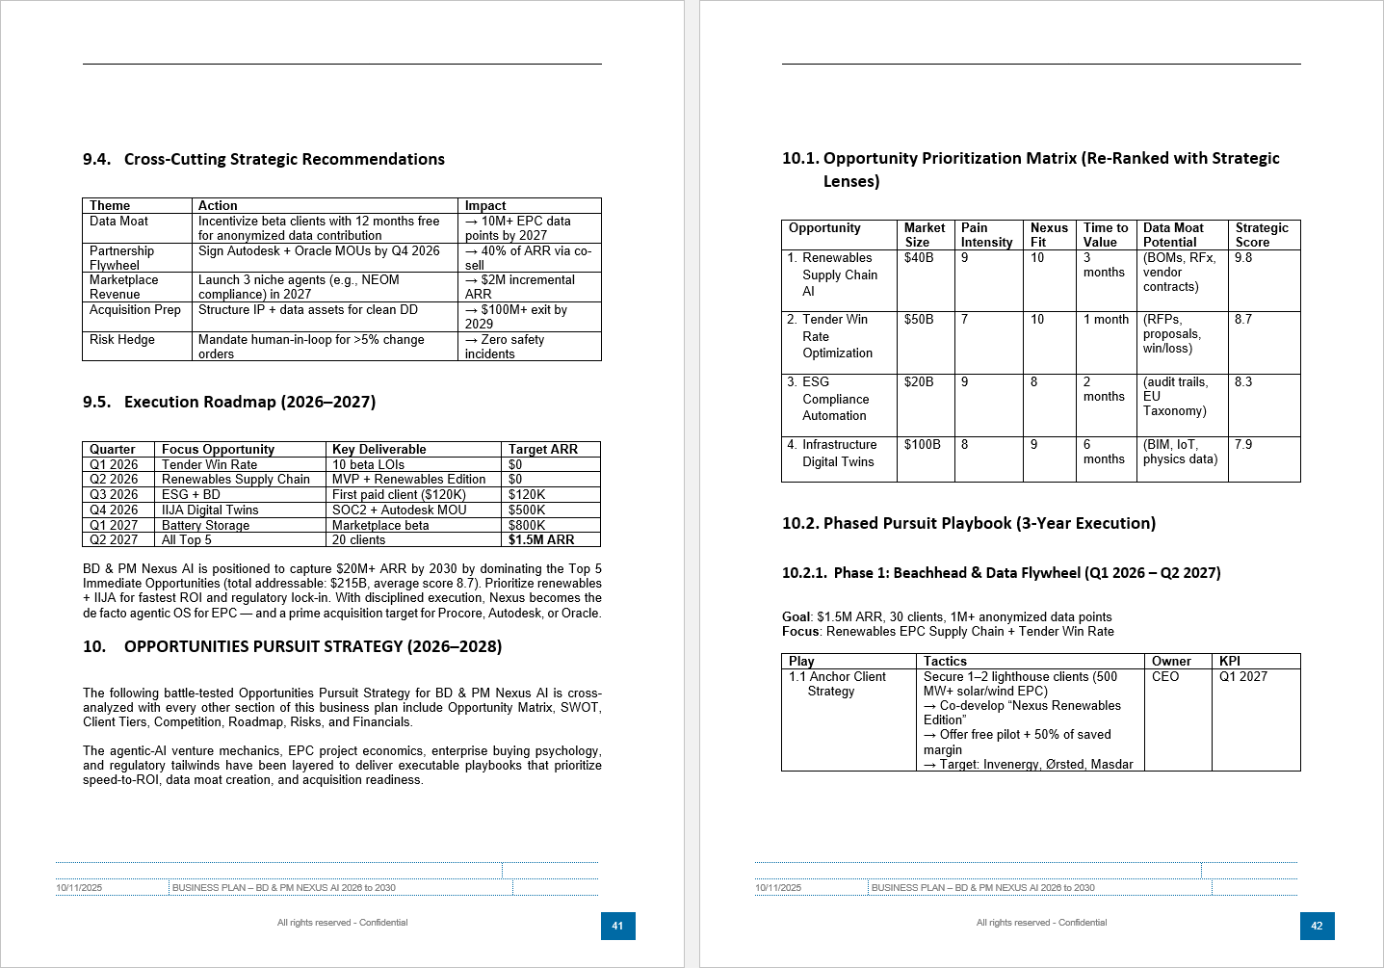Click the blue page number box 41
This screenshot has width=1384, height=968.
click(617, 926)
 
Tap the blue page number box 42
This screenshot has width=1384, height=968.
click(1317, 926)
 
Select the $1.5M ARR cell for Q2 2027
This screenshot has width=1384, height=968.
click(541, 540)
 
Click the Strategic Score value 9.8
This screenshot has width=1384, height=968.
click(1243, 258)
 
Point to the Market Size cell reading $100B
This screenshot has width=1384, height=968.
click(922, 445)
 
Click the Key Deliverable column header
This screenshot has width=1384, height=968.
click(379, 450)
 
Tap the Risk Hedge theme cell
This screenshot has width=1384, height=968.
click(122, 340)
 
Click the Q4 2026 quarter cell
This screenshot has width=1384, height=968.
click(114, 510)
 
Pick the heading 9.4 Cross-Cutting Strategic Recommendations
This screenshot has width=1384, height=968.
click(264, 160)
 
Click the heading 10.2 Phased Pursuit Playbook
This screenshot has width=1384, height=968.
click(968, 524)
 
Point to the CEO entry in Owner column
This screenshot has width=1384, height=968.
click(1165, 677)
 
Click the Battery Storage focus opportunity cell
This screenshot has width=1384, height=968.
click(205, 526)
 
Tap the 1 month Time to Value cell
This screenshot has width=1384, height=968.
click(1106, 320)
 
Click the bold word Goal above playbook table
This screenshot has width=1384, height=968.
click(796, 617)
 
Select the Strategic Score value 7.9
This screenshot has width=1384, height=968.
click(1243, 445)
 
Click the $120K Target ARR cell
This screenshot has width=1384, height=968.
click(527, 495)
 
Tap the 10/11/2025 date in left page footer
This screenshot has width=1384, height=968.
click(79, 888)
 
